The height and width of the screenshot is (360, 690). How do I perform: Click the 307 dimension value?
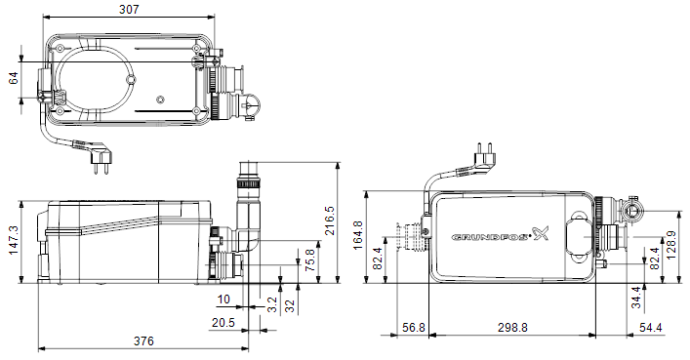tap(129, 9)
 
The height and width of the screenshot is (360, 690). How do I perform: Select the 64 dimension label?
tap(14, 78)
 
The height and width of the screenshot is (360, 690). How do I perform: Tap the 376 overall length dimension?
tap(143, 341)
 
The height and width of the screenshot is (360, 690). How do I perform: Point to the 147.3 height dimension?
tap(13, 240)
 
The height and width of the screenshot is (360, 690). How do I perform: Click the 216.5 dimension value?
tap(330, 220)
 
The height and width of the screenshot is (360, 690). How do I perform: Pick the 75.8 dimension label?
tap(309, 260)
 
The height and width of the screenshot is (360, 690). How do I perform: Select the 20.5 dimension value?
tap(223, 323)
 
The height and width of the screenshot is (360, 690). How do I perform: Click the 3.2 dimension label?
tap(272, 304)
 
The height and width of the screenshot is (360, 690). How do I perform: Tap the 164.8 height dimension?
tap(358, 235)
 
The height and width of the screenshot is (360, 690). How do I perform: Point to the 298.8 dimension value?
tap(512, 328)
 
